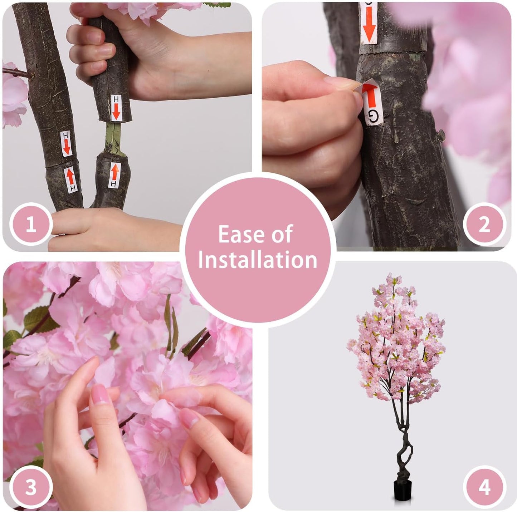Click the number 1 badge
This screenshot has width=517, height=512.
[31, 224]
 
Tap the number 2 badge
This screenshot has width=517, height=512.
[484, 224]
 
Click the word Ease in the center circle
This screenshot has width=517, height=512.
[240, 234]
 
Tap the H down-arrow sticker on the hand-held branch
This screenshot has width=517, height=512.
[116, 107]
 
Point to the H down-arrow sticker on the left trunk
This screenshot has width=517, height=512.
[67, 144]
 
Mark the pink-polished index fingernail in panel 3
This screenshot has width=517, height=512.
[100, 394]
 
